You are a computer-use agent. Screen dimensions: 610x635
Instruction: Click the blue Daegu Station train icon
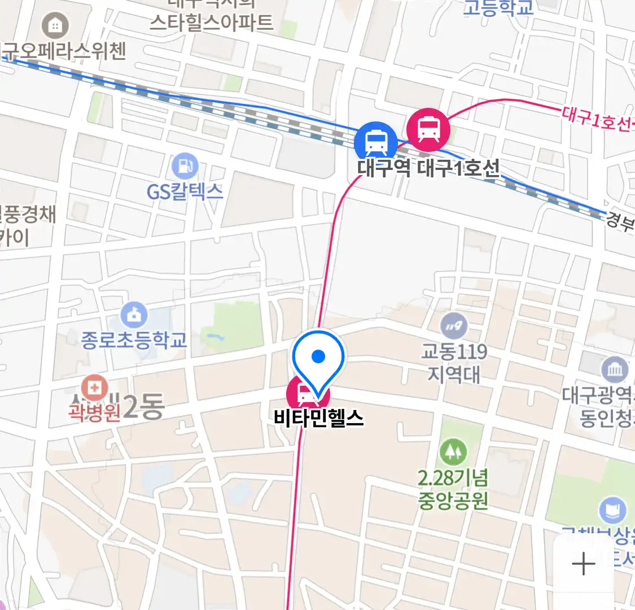click(x=375, y=141)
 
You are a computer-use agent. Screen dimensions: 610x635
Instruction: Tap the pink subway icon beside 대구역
click(x=428, y=129)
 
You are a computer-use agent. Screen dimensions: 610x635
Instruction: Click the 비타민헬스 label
click(x=319, y=419)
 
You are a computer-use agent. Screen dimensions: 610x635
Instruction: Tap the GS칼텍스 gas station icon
click(x=185, y=167)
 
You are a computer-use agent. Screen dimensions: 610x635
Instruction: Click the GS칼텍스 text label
click(x=185, y=192)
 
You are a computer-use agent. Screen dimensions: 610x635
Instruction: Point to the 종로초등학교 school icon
click(x=134, y=316)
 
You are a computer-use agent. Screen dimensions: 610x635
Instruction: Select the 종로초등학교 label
click(x=134, y=340)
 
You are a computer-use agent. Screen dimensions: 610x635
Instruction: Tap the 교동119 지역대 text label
click(x=454, y=363)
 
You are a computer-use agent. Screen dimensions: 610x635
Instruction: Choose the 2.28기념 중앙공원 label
click(x=453, y=490)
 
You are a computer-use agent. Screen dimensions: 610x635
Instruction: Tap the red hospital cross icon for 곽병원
click(x=94, y=389)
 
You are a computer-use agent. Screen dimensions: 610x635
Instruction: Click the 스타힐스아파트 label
click(x=211, y=23)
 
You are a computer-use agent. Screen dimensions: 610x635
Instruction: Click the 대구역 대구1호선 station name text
click(x=428, y=168)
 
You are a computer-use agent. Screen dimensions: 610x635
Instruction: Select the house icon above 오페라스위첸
click(x=55, y=25)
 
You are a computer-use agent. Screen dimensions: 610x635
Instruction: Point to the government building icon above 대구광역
click(x=615, y=371)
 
